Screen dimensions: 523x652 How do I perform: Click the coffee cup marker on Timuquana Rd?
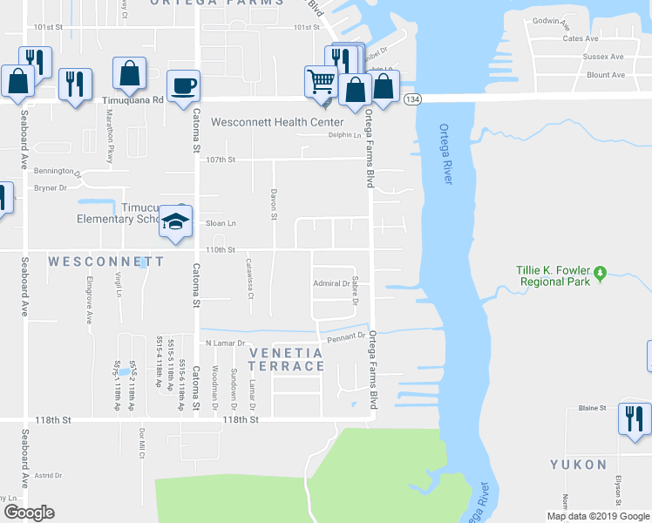tap(183, 86)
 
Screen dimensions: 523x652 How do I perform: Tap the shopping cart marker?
tap(321, 82)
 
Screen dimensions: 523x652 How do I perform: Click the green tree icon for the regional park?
tap(601, 275)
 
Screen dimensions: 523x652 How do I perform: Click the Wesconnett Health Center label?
tap(278, 122)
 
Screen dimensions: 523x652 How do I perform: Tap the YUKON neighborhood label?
tap(578, 465)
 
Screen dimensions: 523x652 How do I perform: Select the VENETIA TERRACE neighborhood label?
tap(287, 359)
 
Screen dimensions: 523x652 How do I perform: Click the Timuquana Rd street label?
tap(132, 100)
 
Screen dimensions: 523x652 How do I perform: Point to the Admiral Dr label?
tap(331, 283)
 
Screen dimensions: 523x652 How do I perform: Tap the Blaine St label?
tap(592, 408)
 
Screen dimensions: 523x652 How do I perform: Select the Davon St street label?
tap(274, 204)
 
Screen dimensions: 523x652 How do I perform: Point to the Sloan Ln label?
tap(221, 224)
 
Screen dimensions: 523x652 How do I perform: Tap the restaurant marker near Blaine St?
tap(632, 418)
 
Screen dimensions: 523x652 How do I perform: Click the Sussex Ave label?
tap(605, 57)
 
